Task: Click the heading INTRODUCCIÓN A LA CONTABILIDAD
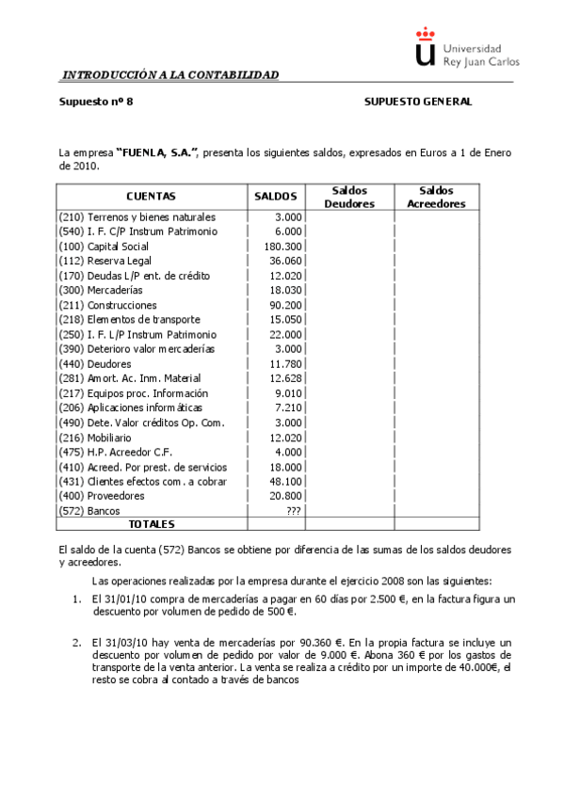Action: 169,74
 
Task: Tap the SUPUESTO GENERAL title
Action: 417,102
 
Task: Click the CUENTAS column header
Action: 151,197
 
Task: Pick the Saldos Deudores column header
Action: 349,197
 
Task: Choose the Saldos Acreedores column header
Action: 436,197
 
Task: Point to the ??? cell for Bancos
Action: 292,510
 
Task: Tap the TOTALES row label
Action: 152,524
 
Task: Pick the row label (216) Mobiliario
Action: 95,437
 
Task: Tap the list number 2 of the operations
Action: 77,642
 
